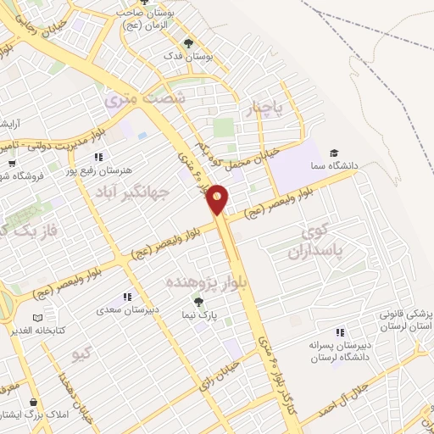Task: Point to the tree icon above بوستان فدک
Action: (x=187, y=43)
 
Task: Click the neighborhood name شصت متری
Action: (x=144, y=99)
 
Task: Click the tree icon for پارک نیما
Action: (x=200, y=302)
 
